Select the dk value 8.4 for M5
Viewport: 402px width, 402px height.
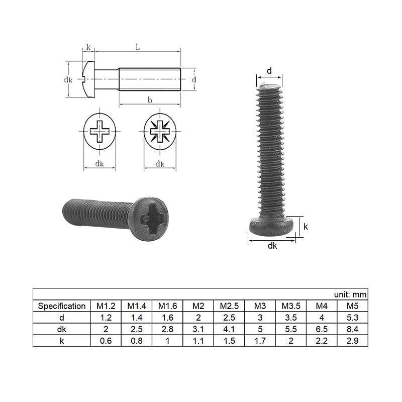click(x=352, y=329)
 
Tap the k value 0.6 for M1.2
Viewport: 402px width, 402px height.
click(x=106, y=340)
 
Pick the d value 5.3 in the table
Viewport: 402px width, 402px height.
click(x=352, y=317)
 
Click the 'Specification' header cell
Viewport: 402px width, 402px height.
click(x=61, y=306)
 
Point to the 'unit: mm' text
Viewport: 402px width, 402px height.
click(x=350, y=294)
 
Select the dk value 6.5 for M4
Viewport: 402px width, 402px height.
click(x=321, y=329)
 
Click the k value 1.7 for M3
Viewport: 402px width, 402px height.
click(x=260, y=340)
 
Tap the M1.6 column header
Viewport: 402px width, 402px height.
click(x=167, y=306)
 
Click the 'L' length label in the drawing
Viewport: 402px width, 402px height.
click(x=137, y=47)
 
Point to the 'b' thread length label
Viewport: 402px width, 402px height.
click(x=150, y=100)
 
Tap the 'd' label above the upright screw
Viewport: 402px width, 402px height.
click(x=269, y=71)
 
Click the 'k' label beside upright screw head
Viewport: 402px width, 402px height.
click(x=306, y=227)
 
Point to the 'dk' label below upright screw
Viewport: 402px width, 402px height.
click(x=272, y=246)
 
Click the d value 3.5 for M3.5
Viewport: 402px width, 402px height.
click(x=290, y=317)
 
